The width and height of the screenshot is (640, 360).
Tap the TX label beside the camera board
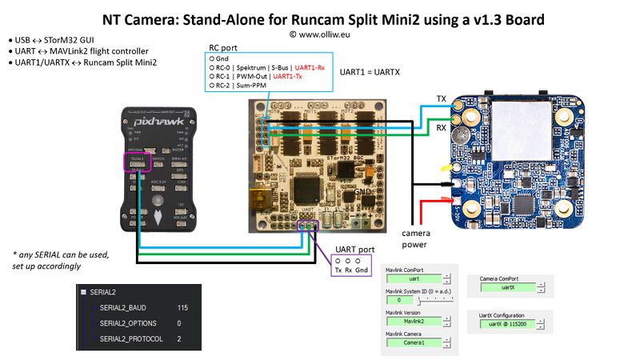pos(441,98)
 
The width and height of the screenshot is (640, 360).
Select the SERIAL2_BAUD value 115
pos(183,308)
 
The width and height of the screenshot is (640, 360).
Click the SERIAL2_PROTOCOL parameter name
pos(131,339)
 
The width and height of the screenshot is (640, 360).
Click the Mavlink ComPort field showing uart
pos(414,279)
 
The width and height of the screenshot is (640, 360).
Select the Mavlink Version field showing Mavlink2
pos(414,321)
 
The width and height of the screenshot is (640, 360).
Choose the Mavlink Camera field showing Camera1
pos(414,342)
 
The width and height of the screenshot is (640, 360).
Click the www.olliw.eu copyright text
pos(319,34)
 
